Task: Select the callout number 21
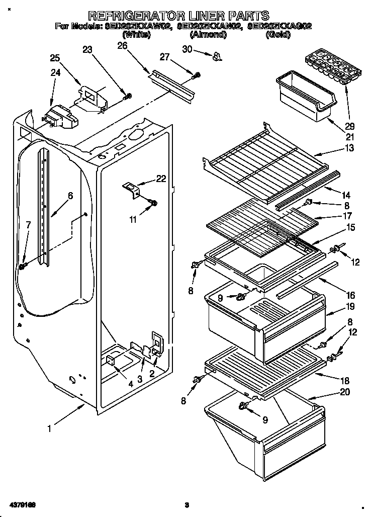coord(349,137)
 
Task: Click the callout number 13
coord(349,148)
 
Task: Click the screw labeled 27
coord(197,75)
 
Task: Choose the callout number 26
coord(122,46)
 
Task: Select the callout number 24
coord(55,72)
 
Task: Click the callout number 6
coord(70,196)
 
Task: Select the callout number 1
coord(49,429)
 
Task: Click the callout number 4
coord(131,384)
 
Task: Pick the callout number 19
coord(349,306)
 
